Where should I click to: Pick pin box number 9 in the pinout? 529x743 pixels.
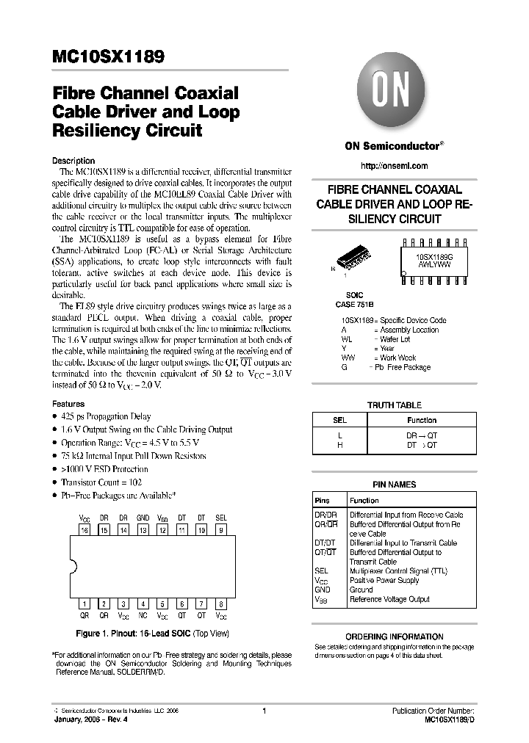point(221,529)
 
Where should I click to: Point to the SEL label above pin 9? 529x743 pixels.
point(221,518)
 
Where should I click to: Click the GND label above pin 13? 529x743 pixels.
point(143,518)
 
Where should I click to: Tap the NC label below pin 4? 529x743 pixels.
point(143,615)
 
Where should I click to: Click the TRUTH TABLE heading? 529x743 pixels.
point(394,405)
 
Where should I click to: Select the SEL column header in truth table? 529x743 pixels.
point(339,421)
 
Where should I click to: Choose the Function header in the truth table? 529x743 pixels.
point(422,421)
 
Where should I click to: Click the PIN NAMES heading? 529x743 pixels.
point(394,485)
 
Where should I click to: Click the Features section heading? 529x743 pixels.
point(68,404)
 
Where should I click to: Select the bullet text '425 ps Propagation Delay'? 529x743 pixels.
point(109,416)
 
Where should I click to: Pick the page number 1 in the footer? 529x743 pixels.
point(264,711)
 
